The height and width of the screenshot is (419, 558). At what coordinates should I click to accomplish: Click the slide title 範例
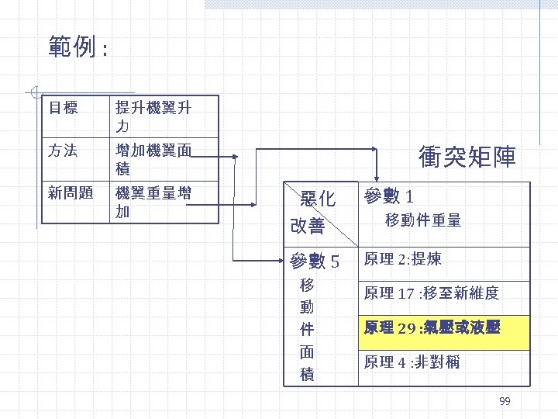[77, 48]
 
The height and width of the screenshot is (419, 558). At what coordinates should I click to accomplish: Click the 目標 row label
[64, 108]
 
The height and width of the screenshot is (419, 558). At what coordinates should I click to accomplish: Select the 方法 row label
[64, 151]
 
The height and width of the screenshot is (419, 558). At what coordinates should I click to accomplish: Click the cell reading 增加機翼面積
[153, 158]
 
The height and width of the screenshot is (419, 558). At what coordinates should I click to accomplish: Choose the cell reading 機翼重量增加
[153, 200]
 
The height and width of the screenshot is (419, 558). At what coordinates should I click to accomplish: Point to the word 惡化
[318, 199]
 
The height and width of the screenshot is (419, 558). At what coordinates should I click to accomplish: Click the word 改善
[307, 226]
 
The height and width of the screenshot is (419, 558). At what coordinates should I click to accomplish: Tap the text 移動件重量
[423, 221]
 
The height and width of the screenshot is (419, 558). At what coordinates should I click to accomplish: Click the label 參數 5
[313, 260]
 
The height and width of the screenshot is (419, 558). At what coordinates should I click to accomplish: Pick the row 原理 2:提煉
[402, 258]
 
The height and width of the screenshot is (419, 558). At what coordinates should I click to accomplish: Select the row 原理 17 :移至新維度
[431, 293]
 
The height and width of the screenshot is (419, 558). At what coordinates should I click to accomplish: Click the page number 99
[505, 401]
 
